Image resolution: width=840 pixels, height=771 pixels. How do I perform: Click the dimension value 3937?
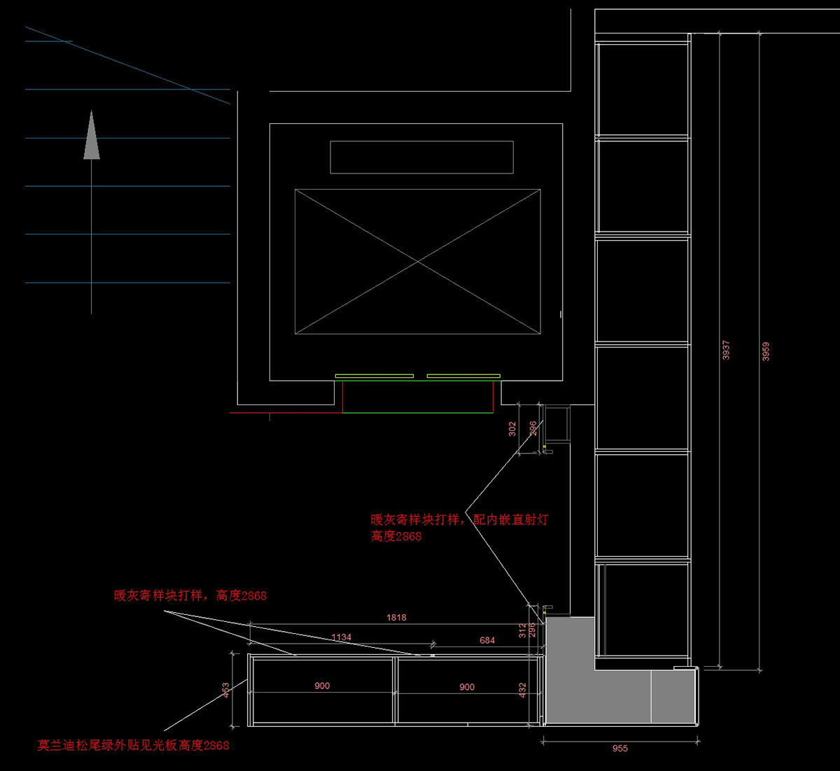(x=726, y=350)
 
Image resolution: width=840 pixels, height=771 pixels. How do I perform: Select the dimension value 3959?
(x=766, y=351)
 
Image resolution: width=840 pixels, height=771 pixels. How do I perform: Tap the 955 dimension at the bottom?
(x=620, y=748)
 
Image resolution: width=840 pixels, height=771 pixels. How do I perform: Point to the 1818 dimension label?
(x=396, y=618)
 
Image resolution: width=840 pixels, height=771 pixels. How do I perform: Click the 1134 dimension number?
(x=342, y=637)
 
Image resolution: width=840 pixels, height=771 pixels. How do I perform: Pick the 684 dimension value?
(x=487, y=640)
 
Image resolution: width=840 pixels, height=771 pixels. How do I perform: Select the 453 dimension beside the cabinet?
(x=225, y=691)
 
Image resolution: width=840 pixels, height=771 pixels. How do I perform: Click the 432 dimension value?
(x=522, y=691)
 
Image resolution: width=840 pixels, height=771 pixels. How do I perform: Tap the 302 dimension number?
(x=512, y=429)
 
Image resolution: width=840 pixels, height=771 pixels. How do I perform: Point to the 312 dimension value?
(x=522, y=631)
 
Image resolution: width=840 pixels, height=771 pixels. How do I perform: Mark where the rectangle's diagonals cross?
(x=418, y=262)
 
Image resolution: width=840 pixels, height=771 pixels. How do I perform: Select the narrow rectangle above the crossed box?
(x=421, y=157)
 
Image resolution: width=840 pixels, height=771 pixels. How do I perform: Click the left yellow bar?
(x=374, y=376)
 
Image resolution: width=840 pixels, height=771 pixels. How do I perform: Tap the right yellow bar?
(x=463, y=376)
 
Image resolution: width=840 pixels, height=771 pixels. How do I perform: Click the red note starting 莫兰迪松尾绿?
(x=133, y=745)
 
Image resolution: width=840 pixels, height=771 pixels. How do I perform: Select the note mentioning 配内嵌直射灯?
(x=460, y=520)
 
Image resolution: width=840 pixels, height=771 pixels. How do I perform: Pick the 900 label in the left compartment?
(x=322, y=686)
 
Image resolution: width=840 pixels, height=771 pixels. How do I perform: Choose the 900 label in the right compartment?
(x=467, y=687)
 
